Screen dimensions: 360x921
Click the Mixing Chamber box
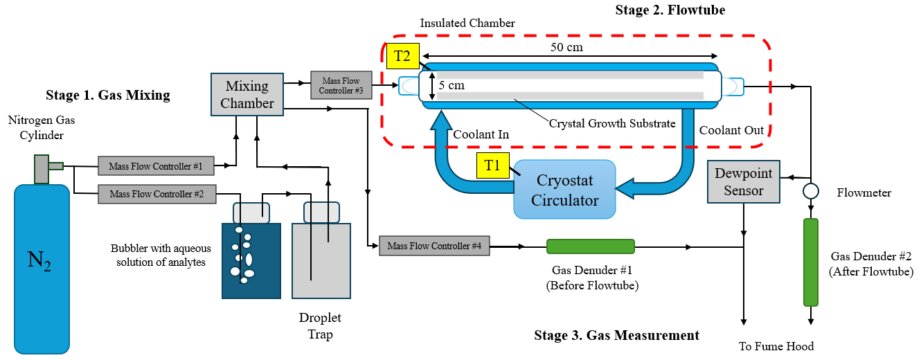(247, 96)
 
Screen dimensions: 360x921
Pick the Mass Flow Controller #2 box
(157, 194)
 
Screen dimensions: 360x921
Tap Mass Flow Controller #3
(341, 85)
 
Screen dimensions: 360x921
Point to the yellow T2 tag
(402, 56)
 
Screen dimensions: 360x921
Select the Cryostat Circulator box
(564, 189)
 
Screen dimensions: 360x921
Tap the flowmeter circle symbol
(811, 190)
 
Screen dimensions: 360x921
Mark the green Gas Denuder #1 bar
(590, 246)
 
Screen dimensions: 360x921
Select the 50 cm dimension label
(566, 48)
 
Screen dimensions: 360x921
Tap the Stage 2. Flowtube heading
(670, 10)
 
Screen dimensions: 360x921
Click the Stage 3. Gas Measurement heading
(616, 336)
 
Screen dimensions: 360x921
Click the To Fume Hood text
(776, 346)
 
